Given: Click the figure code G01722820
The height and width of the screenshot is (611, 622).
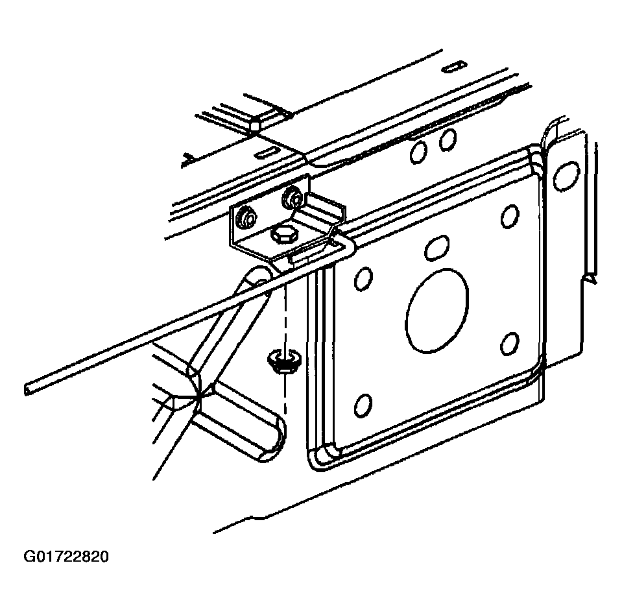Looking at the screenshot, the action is pyautogui.click(x=66, y=557).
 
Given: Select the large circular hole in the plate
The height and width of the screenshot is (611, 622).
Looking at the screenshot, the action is pyautogui.click(x=437, y=310).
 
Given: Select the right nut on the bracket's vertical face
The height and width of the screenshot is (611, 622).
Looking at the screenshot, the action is pyautogui.click(x=292, y=197).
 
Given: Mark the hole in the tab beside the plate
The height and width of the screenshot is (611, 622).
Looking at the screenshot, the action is pyautogui.click(x=566, y=175).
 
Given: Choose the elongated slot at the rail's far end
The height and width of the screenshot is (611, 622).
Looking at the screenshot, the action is pyautogui.click(x=455, y=67).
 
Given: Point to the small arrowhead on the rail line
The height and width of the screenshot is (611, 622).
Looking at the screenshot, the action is pyautogui.click(x=186, y=160).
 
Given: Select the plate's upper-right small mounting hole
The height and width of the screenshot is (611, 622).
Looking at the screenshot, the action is pyautogui.click(x=509, y=217).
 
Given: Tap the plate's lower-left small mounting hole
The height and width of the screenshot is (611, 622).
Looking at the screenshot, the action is pyautogui.click(x=363, y=405).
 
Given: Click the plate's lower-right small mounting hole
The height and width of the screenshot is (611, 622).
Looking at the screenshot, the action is pyautogui.click(x=510, y=344).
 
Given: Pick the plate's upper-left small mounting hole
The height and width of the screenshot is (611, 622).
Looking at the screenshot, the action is pyautogui.click(x=363, y=278).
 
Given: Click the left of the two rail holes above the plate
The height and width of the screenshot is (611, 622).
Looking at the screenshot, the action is pyautogui.click(x=418, y=152).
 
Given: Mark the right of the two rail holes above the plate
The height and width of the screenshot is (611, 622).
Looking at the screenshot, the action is pyautogui.click(x=448, y=139).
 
